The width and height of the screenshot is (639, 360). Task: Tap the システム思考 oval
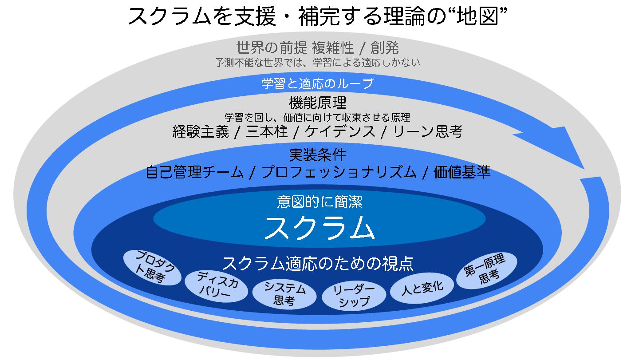(284, 294)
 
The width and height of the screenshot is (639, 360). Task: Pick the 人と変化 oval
(422, 287)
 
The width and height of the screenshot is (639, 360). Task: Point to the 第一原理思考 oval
(487, 269)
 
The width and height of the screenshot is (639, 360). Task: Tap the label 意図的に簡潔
(319, 202)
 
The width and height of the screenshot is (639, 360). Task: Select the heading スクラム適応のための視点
(318, 263)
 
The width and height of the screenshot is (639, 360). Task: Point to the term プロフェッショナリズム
(339, 172)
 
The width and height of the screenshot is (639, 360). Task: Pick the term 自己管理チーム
(194, 172)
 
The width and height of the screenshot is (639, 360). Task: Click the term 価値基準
(462, 172)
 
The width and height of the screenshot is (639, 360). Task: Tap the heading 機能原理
(318, 103)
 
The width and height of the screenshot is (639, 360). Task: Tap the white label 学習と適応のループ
(318, 83)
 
